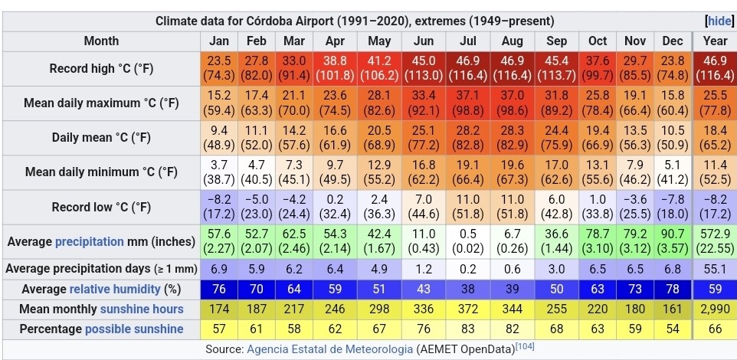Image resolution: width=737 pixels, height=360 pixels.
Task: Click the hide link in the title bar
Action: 719,21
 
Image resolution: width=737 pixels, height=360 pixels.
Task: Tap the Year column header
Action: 715,41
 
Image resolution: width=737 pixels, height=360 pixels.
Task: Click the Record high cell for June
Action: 423,68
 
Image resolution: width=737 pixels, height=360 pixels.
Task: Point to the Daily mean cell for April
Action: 335,138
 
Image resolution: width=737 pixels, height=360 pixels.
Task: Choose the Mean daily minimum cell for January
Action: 219,172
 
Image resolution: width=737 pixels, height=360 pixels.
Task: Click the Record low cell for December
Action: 673,207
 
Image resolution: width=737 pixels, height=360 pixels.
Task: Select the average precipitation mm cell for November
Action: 635,241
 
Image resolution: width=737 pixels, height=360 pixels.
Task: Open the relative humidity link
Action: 115,289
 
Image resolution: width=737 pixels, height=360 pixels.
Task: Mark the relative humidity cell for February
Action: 257,289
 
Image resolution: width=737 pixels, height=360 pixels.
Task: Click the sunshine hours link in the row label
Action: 142,309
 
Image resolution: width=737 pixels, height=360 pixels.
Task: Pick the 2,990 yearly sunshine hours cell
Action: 715,309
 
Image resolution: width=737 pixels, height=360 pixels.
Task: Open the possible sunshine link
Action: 134,329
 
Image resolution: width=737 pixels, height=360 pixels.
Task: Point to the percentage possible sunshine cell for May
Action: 378,329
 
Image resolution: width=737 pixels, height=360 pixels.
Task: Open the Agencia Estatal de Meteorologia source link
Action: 330,349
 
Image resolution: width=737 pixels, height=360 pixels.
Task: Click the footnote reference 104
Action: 525,347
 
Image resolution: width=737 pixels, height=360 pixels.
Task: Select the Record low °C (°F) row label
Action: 101,208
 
